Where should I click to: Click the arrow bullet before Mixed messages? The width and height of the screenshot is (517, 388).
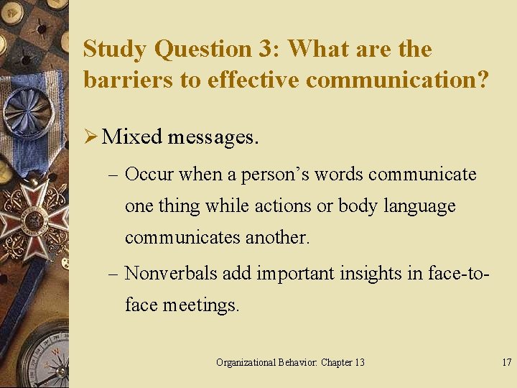(90, 137)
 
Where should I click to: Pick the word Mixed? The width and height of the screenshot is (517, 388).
(132, 137)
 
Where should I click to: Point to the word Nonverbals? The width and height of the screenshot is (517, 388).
(171, 273)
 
